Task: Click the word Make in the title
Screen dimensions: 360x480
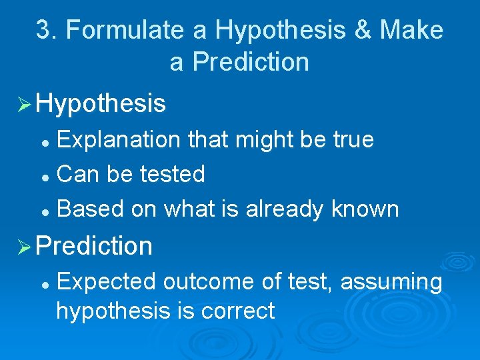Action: pyautogui.click(x=411, y=30)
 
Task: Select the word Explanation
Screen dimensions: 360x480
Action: pyautogui.click(x=119, y=139)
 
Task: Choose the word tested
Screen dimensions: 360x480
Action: pyautogui.click(x=173, y=174)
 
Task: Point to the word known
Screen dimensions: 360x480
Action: pyautogui.click(x=365, y=209)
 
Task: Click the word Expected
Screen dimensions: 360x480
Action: pyautogui.click(x=106, y=282)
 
